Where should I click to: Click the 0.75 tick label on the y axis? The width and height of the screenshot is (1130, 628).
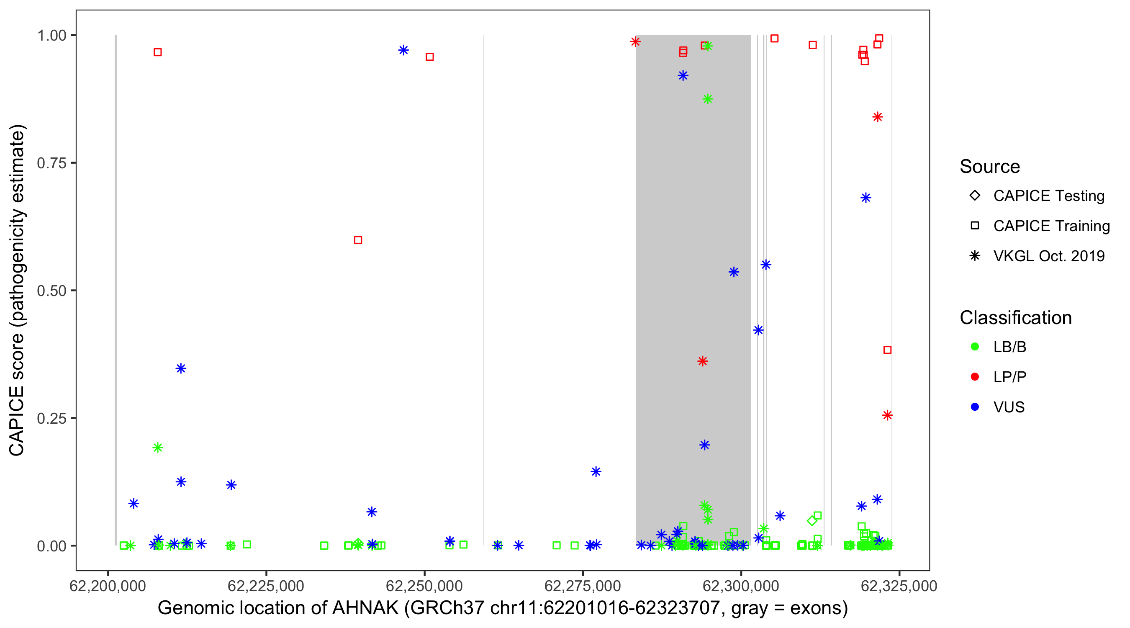[x=51, y=163]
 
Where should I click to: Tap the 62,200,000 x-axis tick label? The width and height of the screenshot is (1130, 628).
[x=108, y=586]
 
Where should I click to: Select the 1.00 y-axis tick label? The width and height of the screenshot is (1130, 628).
[x=51, y=36]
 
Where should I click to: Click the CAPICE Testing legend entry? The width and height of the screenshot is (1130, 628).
[x=1048, y=196]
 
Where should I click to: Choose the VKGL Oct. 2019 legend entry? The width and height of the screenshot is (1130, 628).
[x=1048, y=256]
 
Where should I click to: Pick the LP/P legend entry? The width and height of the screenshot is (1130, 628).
[x=1009, y=377]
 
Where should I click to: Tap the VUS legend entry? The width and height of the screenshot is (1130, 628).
[x=1009, y=407]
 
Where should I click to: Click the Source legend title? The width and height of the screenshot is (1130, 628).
[x=990, y=167]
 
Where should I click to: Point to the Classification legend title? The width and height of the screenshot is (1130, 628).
[x=1015, y=318]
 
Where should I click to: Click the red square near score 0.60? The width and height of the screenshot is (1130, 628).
[x=358, y=240]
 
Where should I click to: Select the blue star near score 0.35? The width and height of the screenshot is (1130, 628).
[x=181, y=368]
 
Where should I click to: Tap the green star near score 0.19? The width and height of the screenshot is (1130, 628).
[x=157, y=448]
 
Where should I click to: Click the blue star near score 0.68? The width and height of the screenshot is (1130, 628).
[x=865, y=198]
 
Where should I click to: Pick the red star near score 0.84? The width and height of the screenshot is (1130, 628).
[x=877, y=117]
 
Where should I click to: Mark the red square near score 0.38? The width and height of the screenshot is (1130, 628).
[x=887, y=350]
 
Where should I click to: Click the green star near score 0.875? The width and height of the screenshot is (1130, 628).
[x=708, y=99]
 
